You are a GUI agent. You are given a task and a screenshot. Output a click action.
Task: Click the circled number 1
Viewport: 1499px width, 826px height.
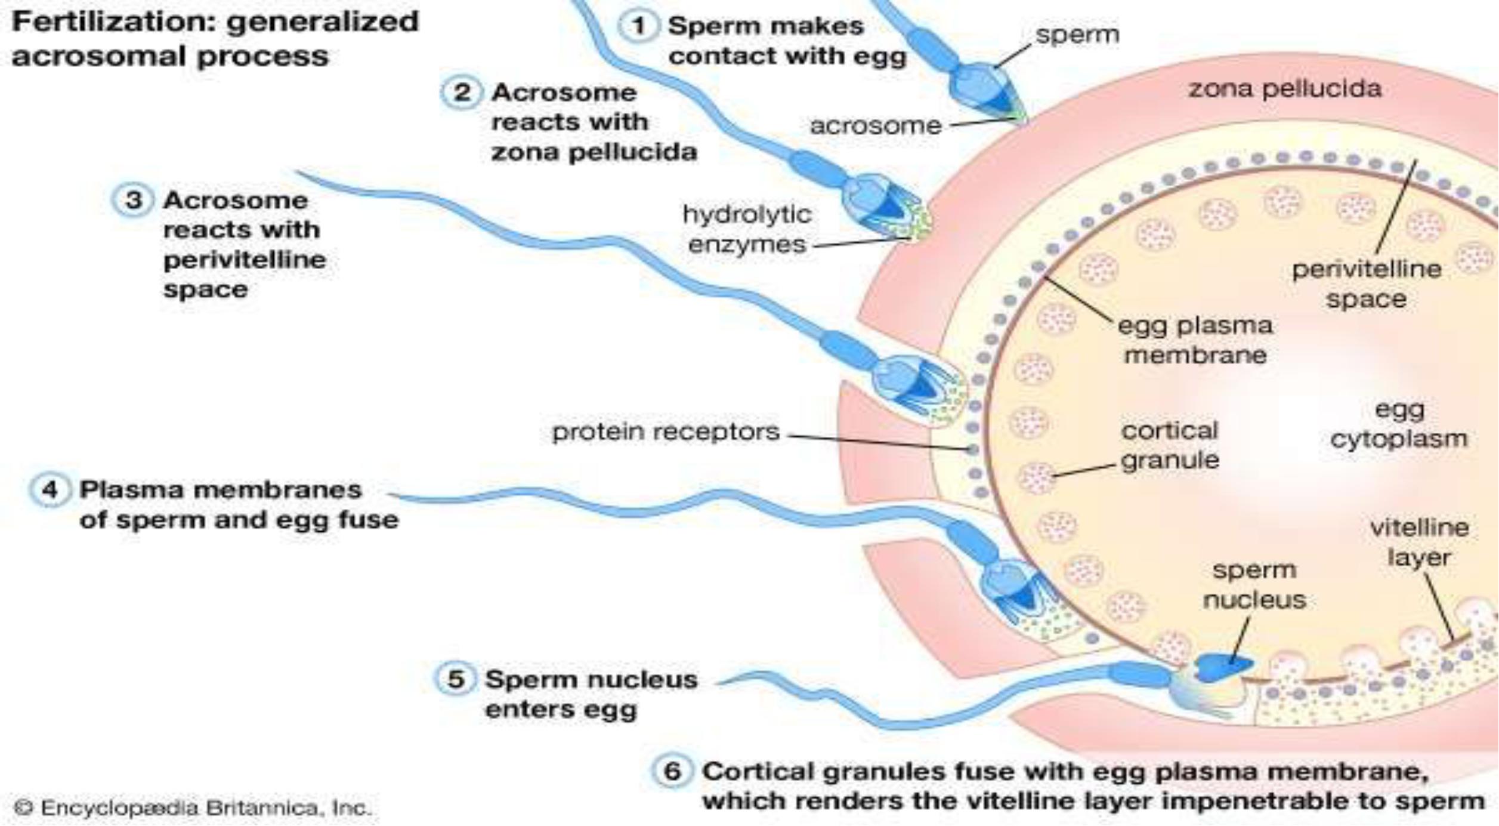pos(639,26)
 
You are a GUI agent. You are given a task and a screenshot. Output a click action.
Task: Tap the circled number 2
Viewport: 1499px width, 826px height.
pos(461,93)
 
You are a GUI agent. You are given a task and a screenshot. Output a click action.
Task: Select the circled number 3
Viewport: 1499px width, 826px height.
pos(133,200)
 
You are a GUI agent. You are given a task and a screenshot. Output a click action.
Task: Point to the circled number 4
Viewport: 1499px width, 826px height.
pos(50,490)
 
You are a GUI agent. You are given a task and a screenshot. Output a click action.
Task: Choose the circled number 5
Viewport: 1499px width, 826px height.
pos(455,679)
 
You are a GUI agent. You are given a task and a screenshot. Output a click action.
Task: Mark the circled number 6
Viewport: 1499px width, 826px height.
pos(672,771)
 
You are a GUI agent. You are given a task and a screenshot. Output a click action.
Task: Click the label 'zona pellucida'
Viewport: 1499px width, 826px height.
pos(1285,89)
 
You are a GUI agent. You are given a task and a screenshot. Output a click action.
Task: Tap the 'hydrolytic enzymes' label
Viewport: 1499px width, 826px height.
pos(747,230)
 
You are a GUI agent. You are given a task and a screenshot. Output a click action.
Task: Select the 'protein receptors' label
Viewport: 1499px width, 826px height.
pos(666,432)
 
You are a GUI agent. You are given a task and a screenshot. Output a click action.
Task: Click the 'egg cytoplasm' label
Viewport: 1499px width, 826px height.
pos(1399,424)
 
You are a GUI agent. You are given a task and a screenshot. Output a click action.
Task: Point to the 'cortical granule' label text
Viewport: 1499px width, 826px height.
pos(1169,445)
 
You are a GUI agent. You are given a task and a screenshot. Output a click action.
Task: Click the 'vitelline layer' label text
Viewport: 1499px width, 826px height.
pos(1419,543)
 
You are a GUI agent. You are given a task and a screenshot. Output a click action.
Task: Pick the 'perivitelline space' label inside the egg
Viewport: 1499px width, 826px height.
pos(1366,284)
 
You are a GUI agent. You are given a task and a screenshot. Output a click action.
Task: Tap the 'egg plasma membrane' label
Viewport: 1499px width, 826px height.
pos(1195,340)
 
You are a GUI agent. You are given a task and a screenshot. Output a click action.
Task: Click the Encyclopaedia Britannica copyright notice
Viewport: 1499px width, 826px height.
pos(192,808)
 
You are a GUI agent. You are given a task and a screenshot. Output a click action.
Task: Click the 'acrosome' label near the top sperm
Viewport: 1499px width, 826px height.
pos(875,126)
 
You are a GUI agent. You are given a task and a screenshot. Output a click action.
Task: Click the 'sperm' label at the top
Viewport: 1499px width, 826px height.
pos(1077,35)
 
